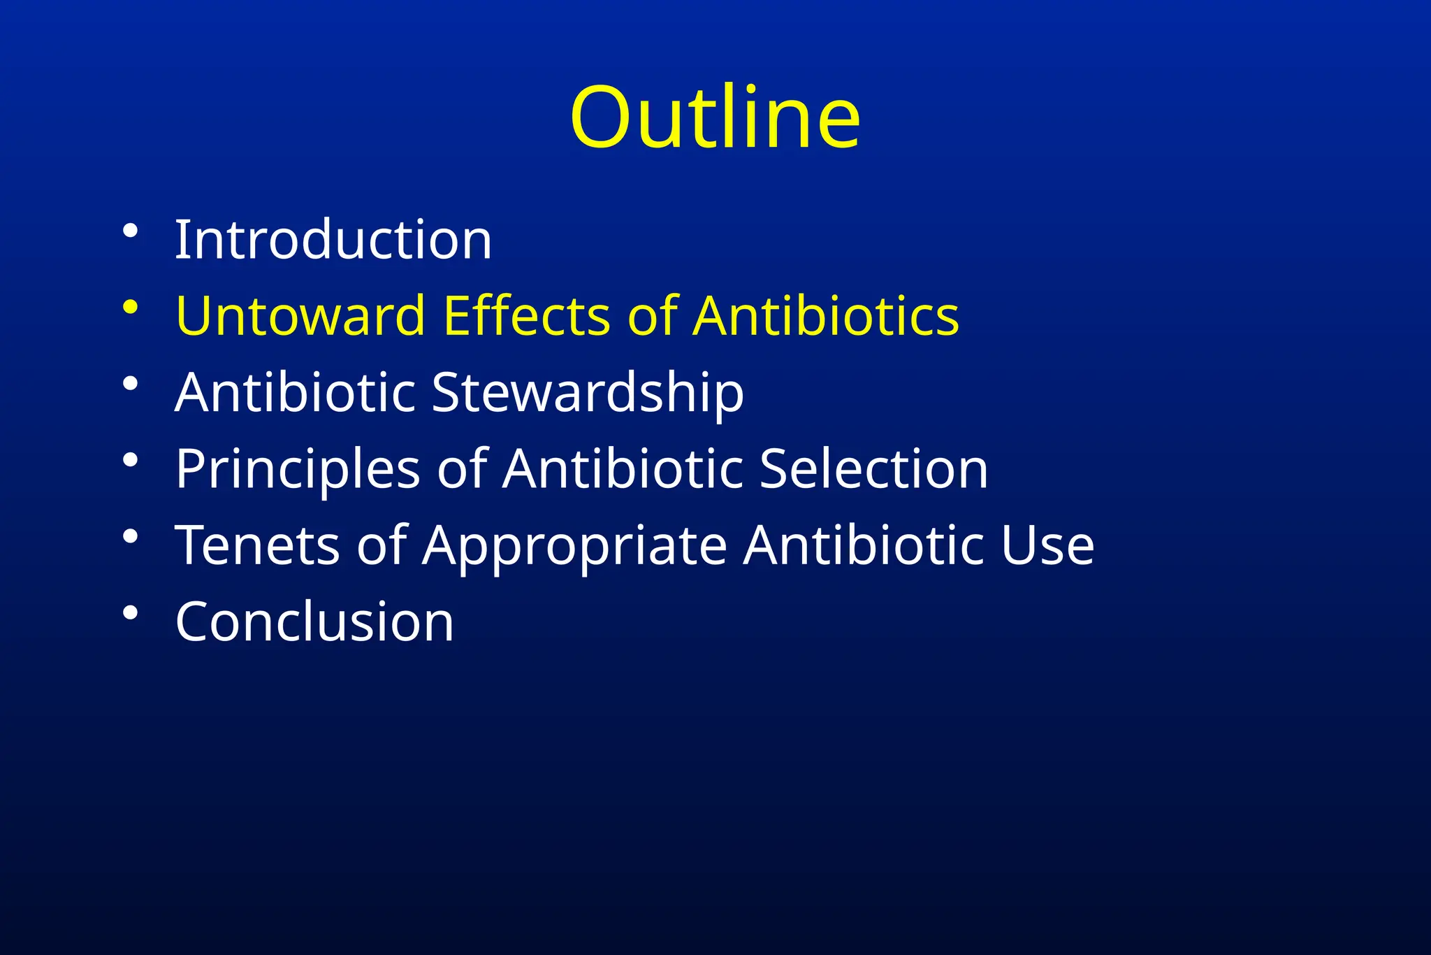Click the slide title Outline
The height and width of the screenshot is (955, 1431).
click(x=715, y=117)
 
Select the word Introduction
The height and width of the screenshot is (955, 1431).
click(x=333, y=240)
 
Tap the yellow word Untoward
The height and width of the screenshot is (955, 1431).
click(x=300, y=316)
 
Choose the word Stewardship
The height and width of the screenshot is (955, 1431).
click(x=588, y=393)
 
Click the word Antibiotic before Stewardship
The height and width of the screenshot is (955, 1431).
click(x=296, y=392)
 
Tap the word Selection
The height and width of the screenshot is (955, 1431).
click(x=873, y=468)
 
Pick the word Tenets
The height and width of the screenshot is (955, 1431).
click(x=257, y=545)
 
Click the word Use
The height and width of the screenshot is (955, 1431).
click(x=1047, y=545)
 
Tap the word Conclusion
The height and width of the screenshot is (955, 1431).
click(x=314, y=622)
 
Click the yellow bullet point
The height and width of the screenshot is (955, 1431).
click(x=130, y=307)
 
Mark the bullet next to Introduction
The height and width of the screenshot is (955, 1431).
click(x=130, y=231)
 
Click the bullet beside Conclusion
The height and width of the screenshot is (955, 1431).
click(x=130, y=613)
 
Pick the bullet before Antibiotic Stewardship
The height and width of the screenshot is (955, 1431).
click(x=130, y=384)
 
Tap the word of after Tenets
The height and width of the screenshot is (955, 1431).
click(x=382, y=545)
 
